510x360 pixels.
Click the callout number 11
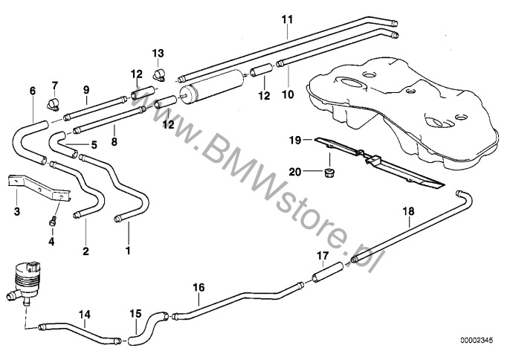287,19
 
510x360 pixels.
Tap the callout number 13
158,53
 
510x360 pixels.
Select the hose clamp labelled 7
54,104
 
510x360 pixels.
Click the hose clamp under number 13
158,76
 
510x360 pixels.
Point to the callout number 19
295,141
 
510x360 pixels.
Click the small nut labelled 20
329,172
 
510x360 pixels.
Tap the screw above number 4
53,221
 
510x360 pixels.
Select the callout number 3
17,211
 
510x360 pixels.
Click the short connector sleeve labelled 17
328,272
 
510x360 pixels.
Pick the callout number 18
409,211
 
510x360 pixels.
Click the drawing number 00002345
477,341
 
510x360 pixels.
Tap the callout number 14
85,315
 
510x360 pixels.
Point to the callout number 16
198,287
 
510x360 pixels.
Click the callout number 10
288,94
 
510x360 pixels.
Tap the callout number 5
94,144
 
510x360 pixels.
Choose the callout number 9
86,90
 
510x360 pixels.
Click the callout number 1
128,251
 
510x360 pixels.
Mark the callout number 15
135,313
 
